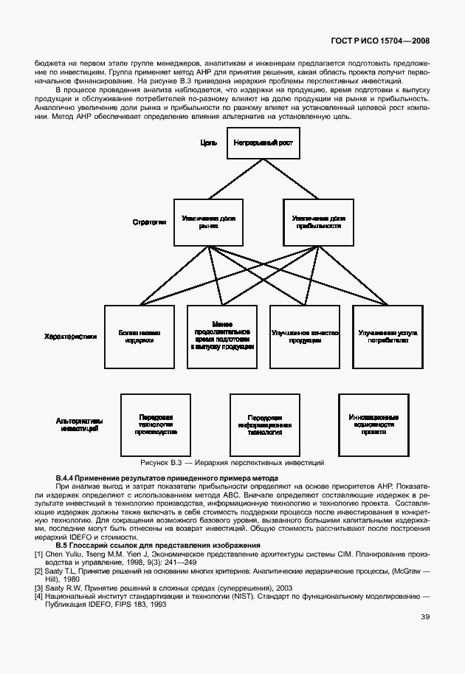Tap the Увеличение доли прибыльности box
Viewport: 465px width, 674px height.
[x=318, y=221]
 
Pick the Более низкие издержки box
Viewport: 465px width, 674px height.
[x=139, y=337]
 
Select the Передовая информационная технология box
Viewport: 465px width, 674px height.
[x=265, y=424]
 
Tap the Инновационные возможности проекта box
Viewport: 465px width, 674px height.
[x=373, y=424]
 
